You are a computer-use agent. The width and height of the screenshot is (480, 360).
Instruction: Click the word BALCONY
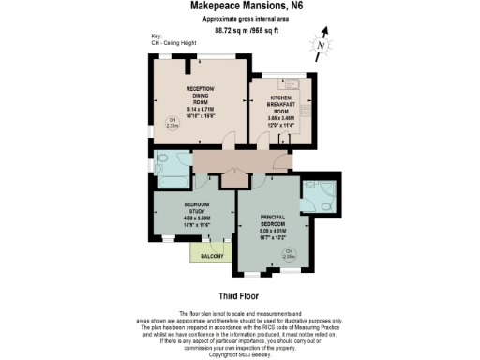click(x=210, y=253)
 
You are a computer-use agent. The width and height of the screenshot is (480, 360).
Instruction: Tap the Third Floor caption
click(x=238, y=295)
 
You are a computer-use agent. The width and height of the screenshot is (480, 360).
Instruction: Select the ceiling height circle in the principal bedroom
click(x=289, y=252)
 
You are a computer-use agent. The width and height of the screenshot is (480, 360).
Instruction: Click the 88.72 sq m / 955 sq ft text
click(x=240, y=31)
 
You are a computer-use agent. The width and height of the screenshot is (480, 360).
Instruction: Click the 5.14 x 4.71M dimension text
click(x=202, y=111)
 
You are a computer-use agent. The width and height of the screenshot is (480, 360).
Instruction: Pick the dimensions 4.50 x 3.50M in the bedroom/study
click(x=197, y=217)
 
